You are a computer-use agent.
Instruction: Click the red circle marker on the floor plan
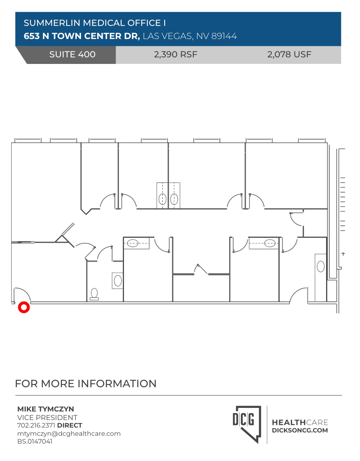[24, 307]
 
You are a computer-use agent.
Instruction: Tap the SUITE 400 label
[72, 54]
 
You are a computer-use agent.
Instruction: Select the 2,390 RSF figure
[175, 54]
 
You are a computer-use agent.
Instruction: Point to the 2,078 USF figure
[289, 54]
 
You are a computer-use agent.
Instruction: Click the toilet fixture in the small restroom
[94, 294]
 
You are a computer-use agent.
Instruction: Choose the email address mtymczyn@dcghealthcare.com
[69, 433]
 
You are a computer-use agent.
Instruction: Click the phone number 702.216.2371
[36, 425]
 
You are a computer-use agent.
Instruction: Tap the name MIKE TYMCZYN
[46, 409]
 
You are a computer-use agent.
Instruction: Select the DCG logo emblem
[247, 423]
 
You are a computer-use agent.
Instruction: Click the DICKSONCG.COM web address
[300, 431]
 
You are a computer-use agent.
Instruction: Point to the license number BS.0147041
[35, 441]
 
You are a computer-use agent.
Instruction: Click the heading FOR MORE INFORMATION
[86, 384]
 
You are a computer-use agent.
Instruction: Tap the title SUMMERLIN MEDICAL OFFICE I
[95, 23]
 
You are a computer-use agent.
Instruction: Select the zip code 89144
[224, 36]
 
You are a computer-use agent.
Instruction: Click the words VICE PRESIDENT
[47, 417]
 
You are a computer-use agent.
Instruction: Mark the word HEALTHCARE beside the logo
[300, 422]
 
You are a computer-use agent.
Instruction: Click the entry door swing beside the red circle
[22, 294]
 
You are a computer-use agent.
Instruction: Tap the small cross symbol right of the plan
[343, 254]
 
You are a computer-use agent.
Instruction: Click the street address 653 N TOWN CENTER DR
[82, 36]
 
